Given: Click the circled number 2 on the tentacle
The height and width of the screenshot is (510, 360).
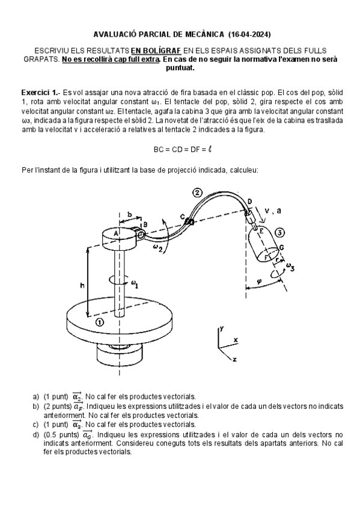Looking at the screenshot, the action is pos(197,192).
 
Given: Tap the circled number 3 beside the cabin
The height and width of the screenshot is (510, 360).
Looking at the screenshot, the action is pos(279,233).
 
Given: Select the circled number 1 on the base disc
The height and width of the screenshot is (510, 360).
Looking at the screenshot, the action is pos(99,322).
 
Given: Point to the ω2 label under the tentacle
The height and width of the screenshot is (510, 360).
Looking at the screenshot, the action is pos(158,248).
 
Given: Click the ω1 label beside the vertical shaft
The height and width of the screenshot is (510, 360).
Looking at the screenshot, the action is pos(134,284).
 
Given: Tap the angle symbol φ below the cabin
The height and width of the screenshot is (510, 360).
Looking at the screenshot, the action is pos(259,281).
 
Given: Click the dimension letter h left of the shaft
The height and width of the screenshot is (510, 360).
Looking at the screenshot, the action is pos(82,285).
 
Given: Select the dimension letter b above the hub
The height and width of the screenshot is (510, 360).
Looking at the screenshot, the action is pos(130,214).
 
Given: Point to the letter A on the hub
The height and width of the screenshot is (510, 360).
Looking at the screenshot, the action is pos(115,233).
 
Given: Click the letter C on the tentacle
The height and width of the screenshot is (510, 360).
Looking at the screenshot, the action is pos(183,217).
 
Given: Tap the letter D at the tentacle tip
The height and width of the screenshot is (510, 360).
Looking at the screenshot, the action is pos(249,201).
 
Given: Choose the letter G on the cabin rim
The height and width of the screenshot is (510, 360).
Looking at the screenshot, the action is pos(281,248).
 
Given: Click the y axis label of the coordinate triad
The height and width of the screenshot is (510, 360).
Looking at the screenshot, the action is pos(222,328).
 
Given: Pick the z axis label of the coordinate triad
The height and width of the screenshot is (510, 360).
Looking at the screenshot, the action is pos(234,359).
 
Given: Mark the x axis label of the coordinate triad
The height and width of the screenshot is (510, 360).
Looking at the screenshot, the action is pos(236,340).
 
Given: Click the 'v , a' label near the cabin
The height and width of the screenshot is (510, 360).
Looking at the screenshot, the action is pos(273,210).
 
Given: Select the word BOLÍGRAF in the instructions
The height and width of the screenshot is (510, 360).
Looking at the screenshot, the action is pos(156,51).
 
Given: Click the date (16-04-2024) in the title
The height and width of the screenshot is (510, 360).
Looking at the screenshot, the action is pos(249,34).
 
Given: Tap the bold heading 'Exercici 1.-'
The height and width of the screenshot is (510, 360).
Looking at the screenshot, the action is pos(41,93).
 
